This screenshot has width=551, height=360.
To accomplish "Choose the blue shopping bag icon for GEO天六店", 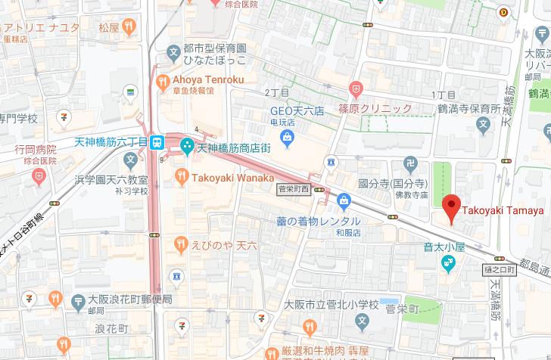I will (287, 138).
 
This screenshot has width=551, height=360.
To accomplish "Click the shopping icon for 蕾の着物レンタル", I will (344, 200).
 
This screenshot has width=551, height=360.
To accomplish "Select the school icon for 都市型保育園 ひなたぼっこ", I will (173, 54).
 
